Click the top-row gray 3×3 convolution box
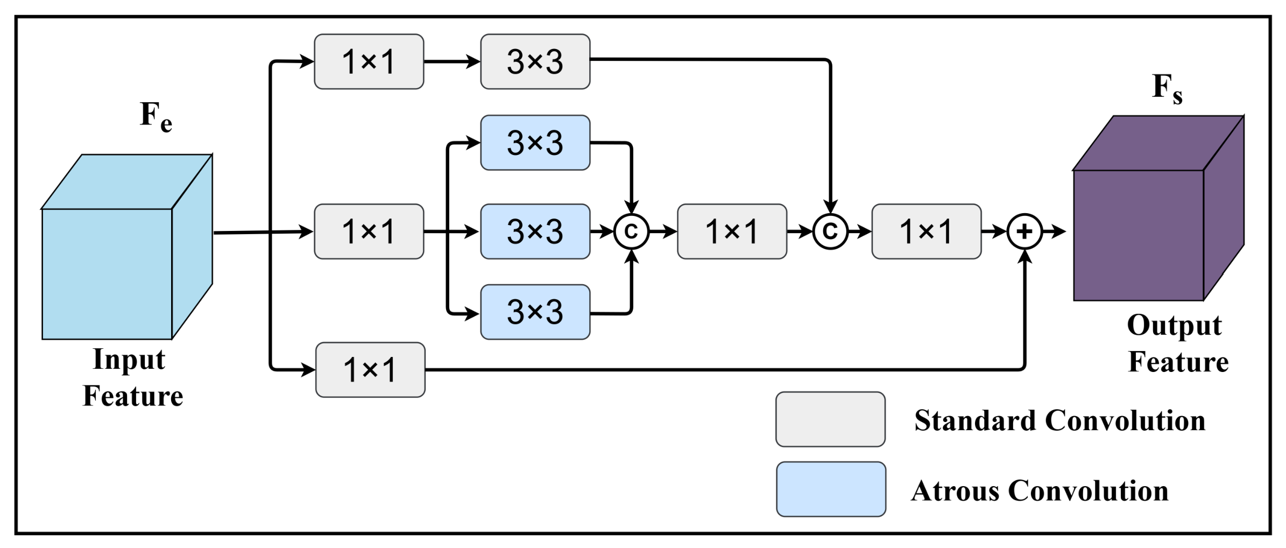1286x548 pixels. pyautogui.click(x=535, y=61)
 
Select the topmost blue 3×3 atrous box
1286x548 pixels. pyautogui.click(x=535, y=143)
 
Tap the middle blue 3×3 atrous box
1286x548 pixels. pyautogui.click(x=535, y=231)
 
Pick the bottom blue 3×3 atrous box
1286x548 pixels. pyautogui.click(x=535, y=312)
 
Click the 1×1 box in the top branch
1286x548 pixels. pyautogui.click(x=369, y=61)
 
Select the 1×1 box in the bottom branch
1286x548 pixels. pyautogui.click(x=370, y=370)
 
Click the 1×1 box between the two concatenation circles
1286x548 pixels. pyautogui.click(x=732, y=231)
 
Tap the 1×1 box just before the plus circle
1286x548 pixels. pyautogui.click(x=926, y=231)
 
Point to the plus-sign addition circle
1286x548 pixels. pyautogui.click(x=1024, y=231)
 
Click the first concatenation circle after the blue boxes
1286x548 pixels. pyautogui.click(x=631, y=231)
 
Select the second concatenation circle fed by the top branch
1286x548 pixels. pyautogui.click(x=830, y=231)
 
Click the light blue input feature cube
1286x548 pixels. pyautogui.click(x=127, y=247)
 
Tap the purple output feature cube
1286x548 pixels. pyautogui.click(x=1158, y=208)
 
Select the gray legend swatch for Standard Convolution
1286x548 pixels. pyautogui.click(x=830, y=419)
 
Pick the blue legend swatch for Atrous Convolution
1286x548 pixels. pyautogui.click(x=831, y=489)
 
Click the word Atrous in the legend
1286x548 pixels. pyautogui.click(x=955, y=491)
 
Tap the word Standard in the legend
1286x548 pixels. pyautogui.click(x=975, y=420)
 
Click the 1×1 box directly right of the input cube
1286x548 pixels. pyautogui.click(x=369, y=231)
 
